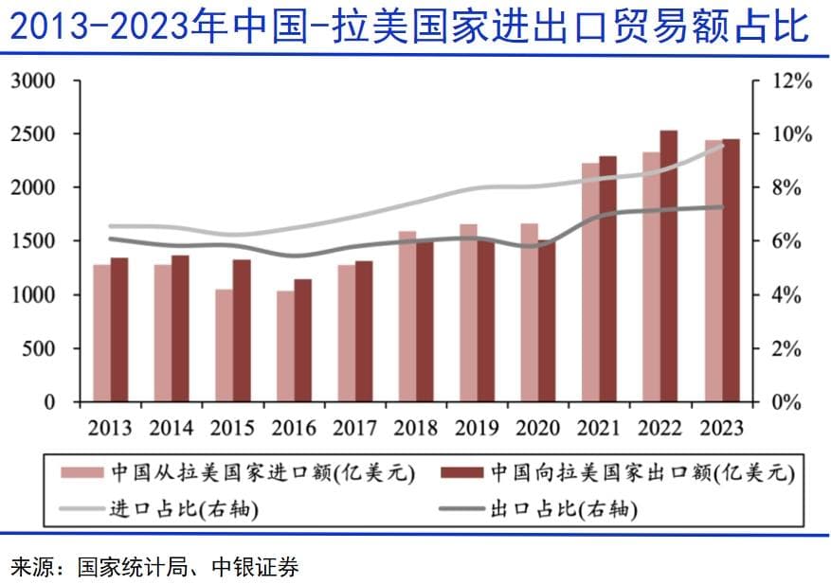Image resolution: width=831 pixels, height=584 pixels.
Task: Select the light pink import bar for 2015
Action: pos(224,345)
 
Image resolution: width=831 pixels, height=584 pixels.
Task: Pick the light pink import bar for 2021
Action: pos(590,282)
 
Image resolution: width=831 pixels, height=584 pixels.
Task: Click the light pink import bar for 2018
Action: pos(406,316)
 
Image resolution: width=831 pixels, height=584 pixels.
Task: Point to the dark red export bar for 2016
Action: pos(302,340)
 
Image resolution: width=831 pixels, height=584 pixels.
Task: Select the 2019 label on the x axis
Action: pos(477,428)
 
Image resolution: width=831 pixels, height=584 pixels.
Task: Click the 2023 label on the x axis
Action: pos(720,428)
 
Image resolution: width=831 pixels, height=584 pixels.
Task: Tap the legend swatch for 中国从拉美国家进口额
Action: pos(81,472)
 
